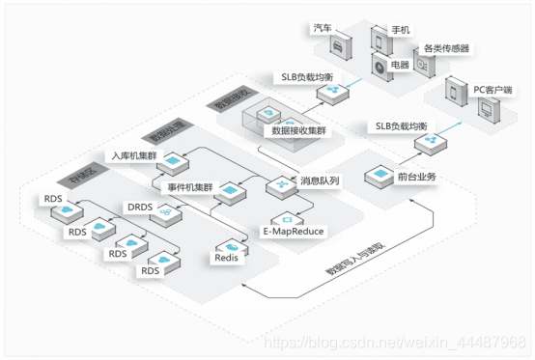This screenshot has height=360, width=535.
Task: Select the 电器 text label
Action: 398,66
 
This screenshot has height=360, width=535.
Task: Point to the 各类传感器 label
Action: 446,47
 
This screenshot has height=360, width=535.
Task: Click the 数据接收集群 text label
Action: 300,129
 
